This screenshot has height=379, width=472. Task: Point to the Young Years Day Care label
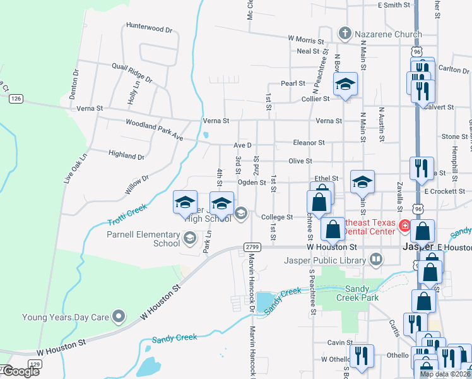pos(66,317)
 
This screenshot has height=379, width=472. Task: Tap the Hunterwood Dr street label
pos(149,28)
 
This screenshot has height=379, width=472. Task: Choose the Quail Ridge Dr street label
pos(132,73)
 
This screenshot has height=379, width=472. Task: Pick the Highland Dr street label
pos(126,155)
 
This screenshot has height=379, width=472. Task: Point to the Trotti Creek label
pos(127,215)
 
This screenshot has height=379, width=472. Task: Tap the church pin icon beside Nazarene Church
pos(345,33)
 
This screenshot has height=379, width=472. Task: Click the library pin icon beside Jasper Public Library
pos(376,259)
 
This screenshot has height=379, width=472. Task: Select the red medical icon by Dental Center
pos(404,226)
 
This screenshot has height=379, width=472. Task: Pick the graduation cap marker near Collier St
pos(345,84)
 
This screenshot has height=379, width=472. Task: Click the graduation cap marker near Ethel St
pos(362,182)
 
